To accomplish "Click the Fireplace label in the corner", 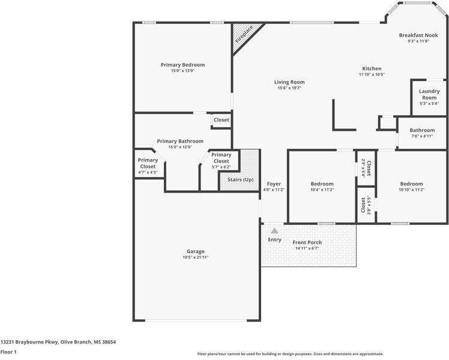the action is tap(244, 34).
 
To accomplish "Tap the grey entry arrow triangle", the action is tap(274, 230).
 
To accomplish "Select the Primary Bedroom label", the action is tap(182, 65).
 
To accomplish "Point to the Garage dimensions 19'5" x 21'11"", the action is tap(196, 257).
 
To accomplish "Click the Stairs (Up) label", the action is tap(241, 180).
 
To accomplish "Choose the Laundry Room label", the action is tap(429, 94).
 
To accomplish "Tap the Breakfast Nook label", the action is tap(418, 35).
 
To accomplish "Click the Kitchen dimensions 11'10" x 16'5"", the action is tap(372, 74).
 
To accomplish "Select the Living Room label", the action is tap(289, 82).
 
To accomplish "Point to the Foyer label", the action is tap(274, 184).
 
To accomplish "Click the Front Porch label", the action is tap(307, 242).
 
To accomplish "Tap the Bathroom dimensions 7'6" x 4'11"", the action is tap(422, 136).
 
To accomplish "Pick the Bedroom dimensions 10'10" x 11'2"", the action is tap(412, 190).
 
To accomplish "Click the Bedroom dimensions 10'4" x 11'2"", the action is tap(322, 190).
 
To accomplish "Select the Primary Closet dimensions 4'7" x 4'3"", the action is tap(148, 172).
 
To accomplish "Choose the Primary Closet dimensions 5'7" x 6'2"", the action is tap(221, 167).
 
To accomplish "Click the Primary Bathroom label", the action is tap(180, 141).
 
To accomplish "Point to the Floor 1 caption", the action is tap(8, 352).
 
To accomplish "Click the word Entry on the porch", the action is tap(274, 239).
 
